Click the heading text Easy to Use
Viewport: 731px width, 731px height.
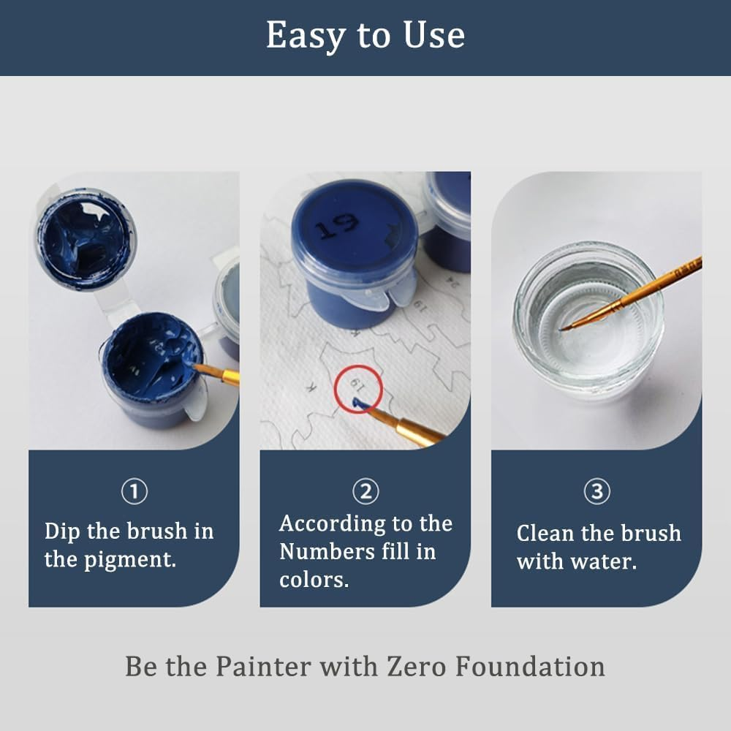pyautogui.click(x=365, y=36)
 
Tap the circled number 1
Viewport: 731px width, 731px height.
pyautogui.click(x=134, y=492)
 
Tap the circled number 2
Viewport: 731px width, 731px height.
pyautogui.click(x=365, y=492)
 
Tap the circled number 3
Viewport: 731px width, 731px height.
pyautogui.click(x=596, y=492)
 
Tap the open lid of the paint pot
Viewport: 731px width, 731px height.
pyautogui.click(x=86, y=238)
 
